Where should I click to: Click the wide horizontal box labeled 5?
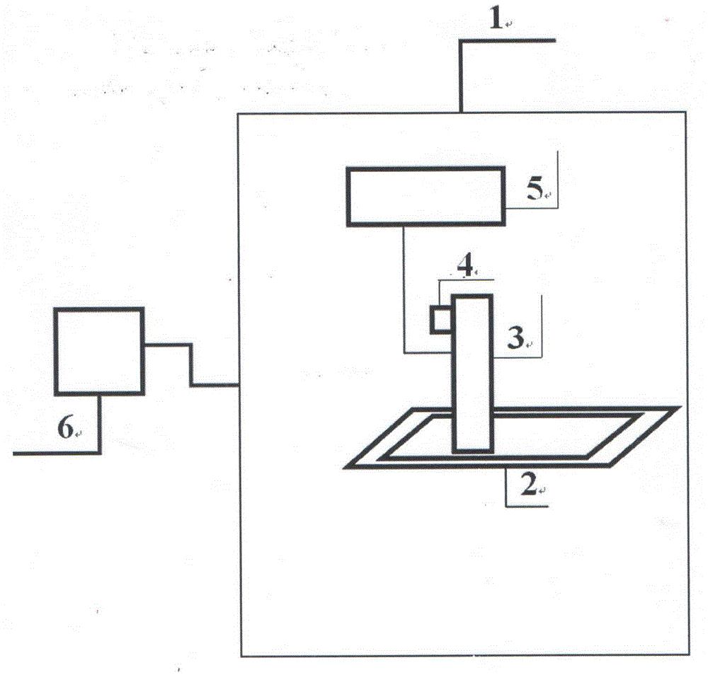pos(425,196)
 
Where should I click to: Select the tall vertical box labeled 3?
pos(473,373)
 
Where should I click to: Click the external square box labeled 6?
pos(100,350)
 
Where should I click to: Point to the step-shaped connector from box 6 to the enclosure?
pos(190,365)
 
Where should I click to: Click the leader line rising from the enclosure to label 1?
pos(461,75)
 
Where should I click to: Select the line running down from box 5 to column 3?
pos(404,290)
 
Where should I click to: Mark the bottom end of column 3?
pos(473,449)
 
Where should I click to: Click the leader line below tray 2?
pos(507,488)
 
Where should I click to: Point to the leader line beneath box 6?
pos(98,425)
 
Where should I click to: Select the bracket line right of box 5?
pos(558,180)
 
